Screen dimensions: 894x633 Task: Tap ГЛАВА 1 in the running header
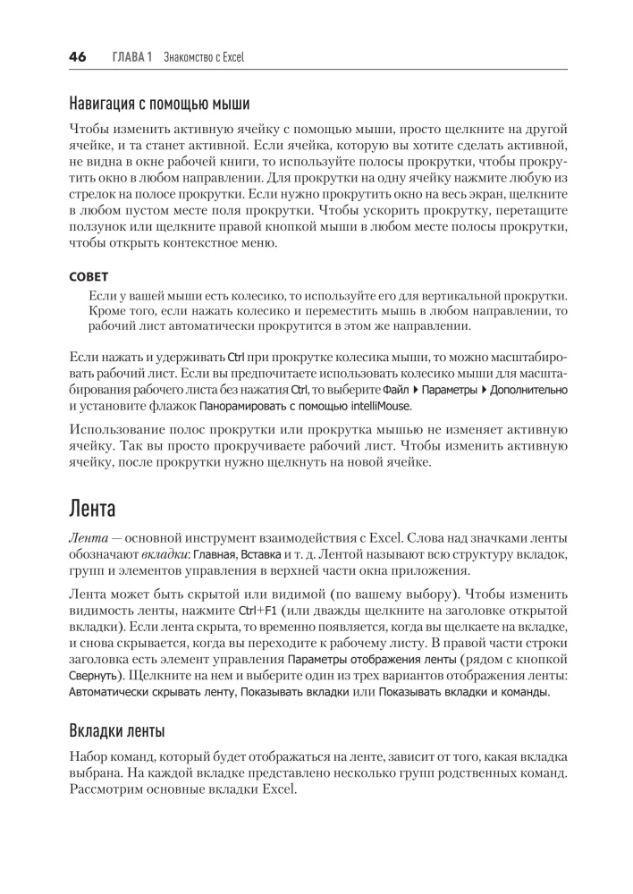132,57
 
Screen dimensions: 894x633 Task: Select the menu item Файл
396,390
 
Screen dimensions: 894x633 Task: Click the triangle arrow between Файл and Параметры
415,390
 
